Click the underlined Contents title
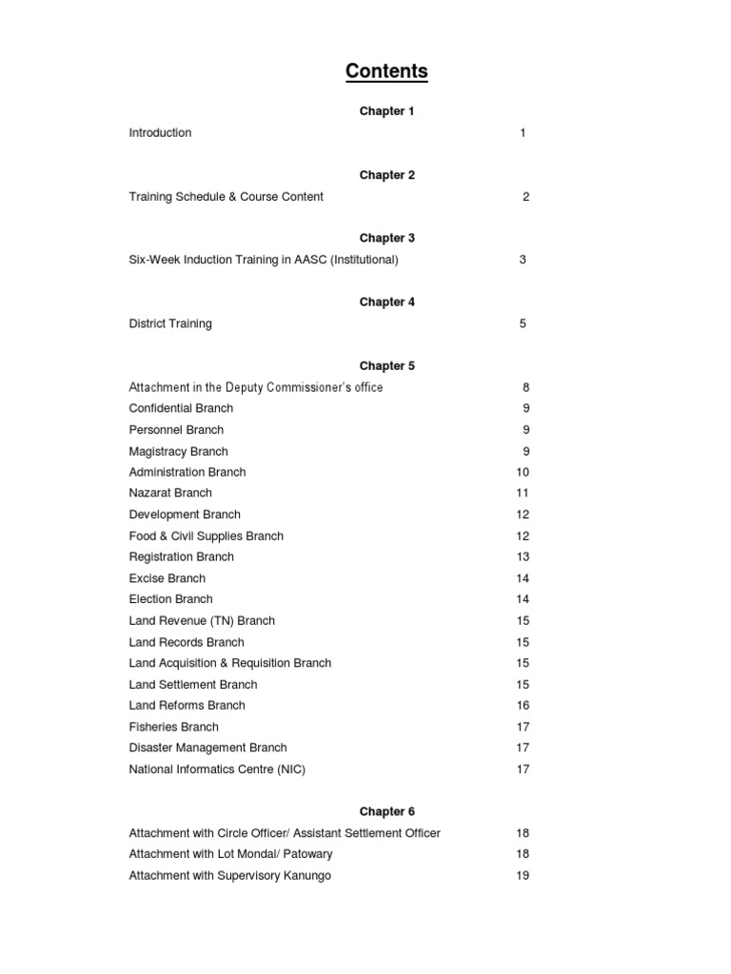[386, 71]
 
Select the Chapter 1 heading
[386, 111]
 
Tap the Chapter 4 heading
[386, 302]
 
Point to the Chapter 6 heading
[386, 811]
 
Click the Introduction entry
[160, 133]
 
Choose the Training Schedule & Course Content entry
[226, 197]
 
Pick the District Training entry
[170, 323]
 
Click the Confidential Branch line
[181, 408]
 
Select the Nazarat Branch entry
[170, 493]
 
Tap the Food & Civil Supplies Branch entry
[206, 536]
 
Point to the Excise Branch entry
[167, 578]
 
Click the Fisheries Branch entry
[173, 727]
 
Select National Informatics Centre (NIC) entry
[217, 769]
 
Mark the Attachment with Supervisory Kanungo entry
[229, 875]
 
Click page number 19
[523, 875]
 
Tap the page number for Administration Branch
[523, 472]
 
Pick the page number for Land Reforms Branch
[523, 705]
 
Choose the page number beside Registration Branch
[523, 556]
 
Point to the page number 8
[525, 387]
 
